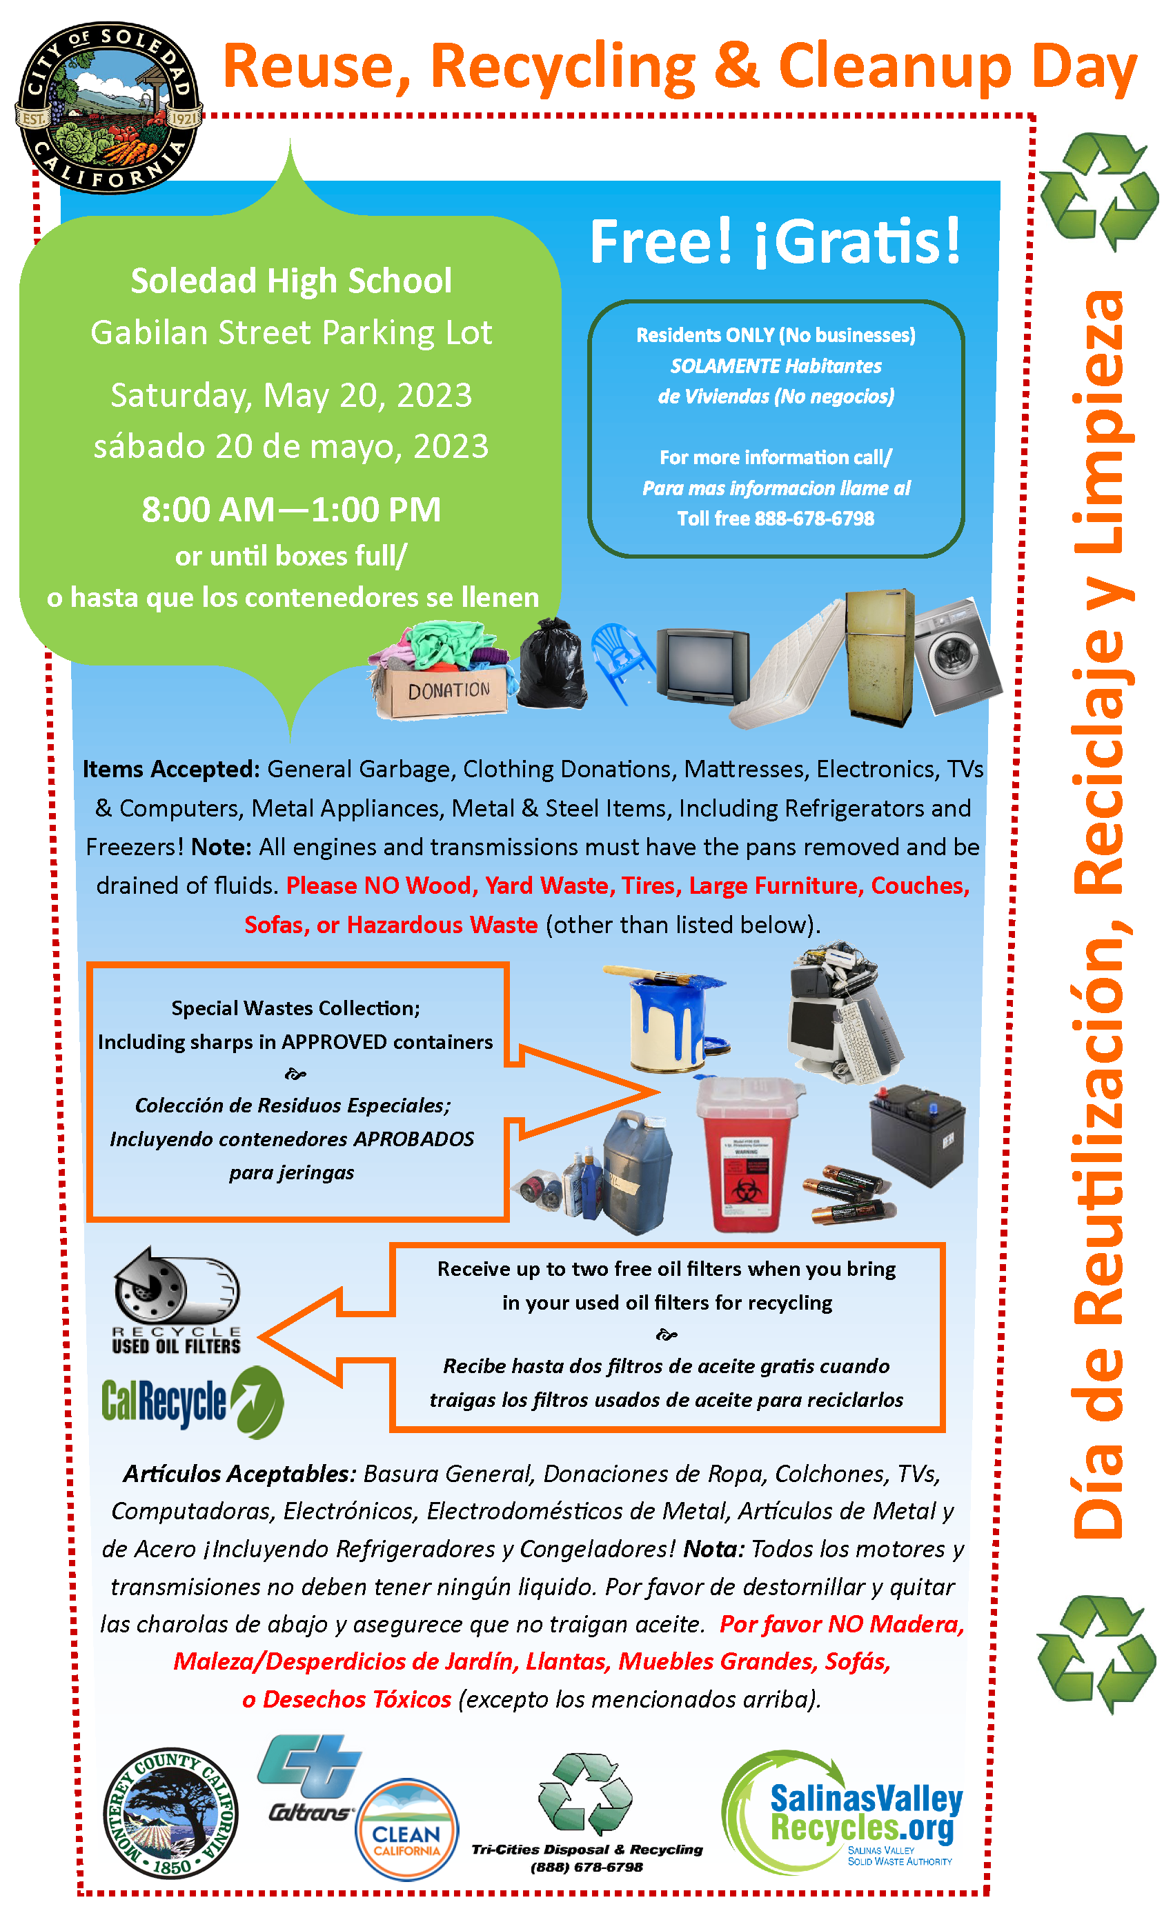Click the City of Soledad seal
pyautogui.click(x=108, y=108)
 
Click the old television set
pyautogui.click(x=702, y=666)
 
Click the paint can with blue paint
pyautogui.click(x=671, y=1019)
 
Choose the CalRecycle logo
pyautogui.click(x=192, y=1403)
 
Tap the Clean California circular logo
pyautogui.click(x=406, y=1829)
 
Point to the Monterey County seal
pyautogui.click(x=171, y=1812)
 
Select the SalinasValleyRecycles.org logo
pyautogui.click(x=843, y=1812)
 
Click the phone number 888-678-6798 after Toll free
pyautogui.click(x=814, y=519)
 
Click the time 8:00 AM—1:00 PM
pyautogui.click(x=291, y=510)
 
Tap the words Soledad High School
pyautogui.click(x=291, y=281)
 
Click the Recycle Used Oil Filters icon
pyautogui.click(x=177, y=1301)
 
